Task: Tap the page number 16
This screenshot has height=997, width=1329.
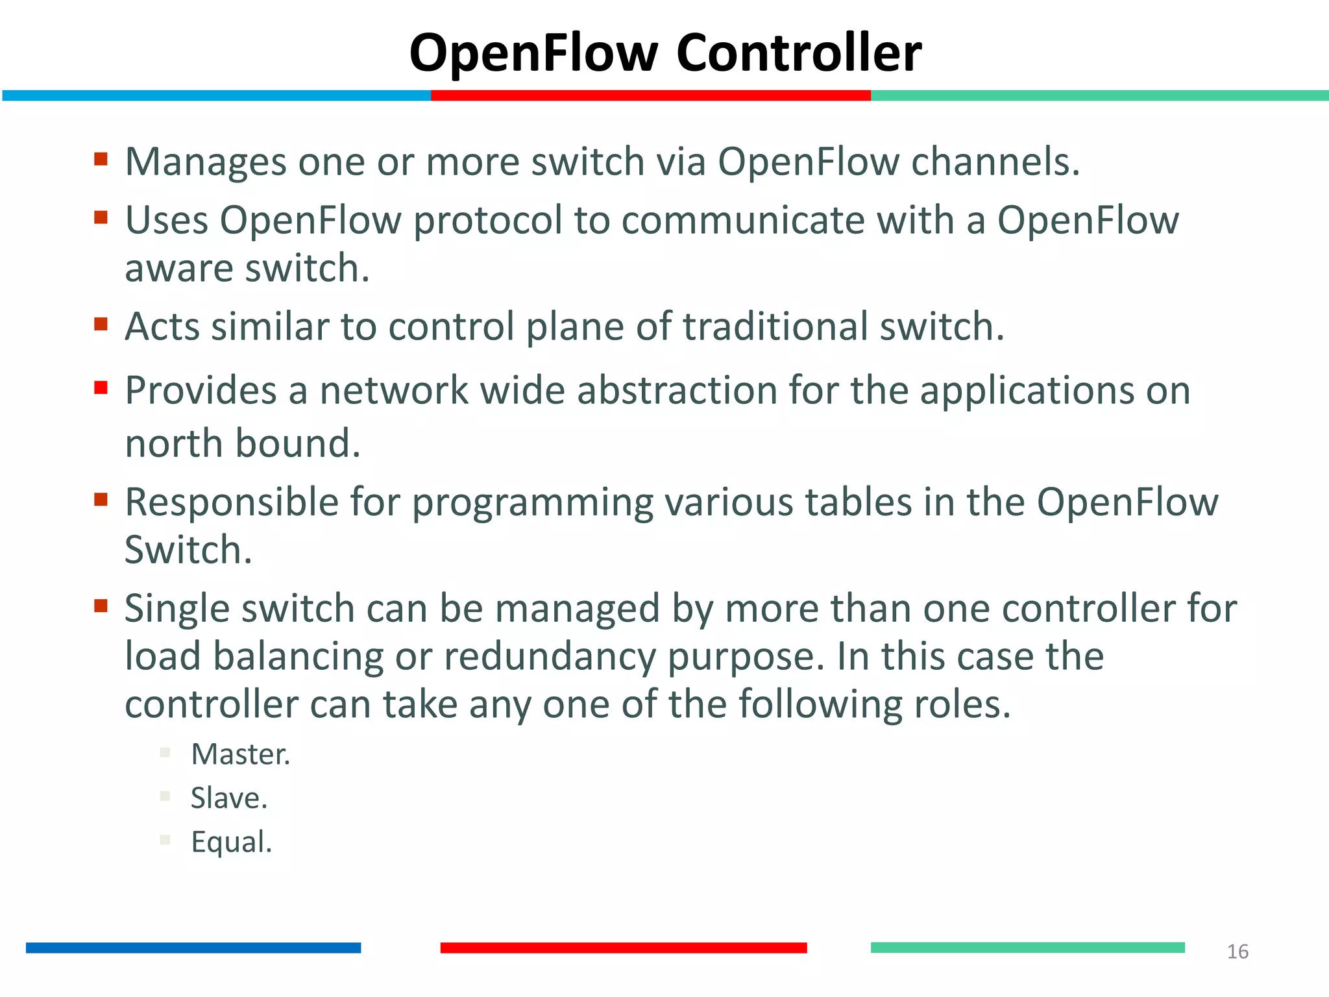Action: [x=1238, y=952]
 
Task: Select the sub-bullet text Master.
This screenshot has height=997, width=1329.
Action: [x=240, y=754]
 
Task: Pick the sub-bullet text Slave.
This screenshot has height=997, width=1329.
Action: [x=228, y=798]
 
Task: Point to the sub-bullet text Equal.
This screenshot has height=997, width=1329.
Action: [x=231, y=842]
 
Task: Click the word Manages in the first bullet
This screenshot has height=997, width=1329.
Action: [x=205, y=162]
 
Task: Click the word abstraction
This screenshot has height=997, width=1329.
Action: [x=677, y=391]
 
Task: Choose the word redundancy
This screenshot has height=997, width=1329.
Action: [x=550, y=657]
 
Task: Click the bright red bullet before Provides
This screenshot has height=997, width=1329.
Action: [x=101, y=388]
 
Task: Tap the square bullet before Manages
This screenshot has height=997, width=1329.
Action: [x=101, y=159]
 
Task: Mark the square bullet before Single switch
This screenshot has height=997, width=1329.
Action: [x=101, y=606]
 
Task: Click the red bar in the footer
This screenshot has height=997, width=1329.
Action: [x=623, y=948]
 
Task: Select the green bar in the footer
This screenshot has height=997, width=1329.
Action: [x=1027, y=948]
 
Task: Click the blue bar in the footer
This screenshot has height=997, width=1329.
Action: [x=193, y=948]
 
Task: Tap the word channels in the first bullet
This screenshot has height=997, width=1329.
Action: [x=995, y=162]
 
